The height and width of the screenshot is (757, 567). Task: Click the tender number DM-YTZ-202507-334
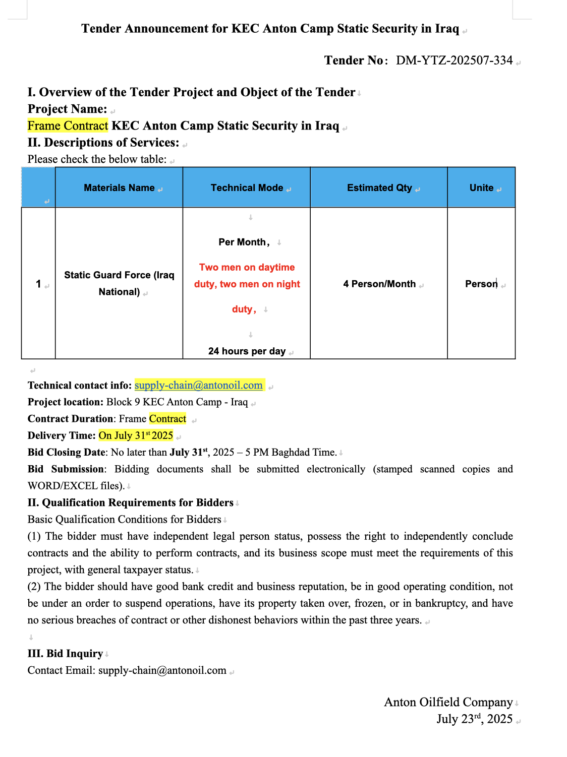454,60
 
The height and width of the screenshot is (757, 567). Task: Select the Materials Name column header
119,188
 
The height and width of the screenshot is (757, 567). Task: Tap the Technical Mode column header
247,188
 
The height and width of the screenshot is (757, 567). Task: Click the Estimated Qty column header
379,188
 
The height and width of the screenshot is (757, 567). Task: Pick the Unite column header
481,188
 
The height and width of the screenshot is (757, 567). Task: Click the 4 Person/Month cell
379,284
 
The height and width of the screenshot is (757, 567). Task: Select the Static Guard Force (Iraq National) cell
119,283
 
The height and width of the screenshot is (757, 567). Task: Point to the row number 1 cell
38,284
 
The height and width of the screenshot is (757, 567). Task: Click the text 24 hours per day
247,351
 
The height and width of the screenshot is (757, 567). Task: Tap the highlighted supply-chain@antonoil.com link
199,386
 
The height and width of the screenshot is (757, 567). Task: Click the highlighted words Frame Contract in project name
68,126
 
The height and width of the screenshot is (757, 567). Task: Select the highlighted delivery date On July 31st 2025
136,435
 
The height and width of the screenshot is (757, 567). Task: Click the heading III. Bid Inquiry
65,654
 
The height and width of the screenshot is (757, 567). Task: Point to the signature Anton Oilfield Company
448,703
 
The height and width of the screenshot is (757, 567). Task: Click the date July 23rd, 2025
474,719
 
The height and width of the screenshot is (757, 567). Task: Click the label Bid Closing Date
67,453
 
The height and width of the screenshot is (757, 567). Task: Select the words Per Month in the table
242,242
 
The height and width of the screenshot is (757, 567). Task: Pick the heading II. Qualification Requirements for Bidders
130,503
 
